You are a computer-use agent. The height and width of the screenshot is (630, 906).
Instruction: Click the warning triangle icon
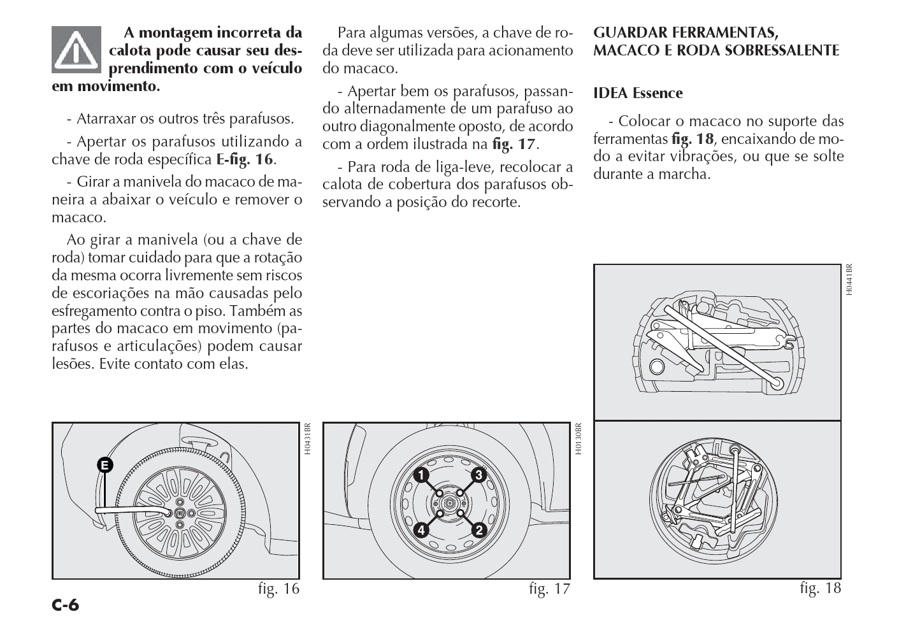pyautogui.click(x=76, y=49)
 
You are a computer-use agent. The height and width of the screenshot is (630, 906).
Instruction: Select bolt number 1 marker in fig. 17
pyautogui.click(x=421, y=475)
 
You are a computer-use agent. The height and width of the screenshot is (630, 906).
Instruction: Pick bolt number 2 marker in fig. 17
pyautogui.click(x=479, y=530)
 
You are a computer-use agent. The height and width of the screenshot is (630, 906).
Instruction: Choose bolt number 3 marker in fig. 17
pyautogui.click(x=479, y=475)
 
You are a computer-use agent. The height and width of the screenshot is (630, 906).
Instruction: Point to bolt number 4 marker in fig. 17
pyautogui.click(x=421, y=530)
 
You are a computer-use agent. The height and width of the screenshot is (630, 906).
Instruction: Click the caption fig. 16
pyautogui.click(x=278, y=589)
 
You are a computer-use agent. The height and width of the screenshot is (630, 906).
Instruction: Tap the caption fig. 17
pyautogui.click(x=549, y=589)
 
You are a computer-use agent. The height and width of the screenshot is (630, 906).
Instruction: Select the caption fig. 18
pyautogui.click(x=821, y=589)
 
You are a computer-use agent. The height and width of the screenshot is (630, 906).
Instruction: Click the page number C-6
pyautogui.click(x=66, y=605)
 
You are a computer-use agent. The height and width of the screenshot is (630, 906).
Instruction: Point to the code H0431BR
pyautogui.click(x=307, y=439)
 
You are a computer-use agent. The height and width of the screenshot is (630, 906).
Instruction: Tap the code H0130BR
pyautogui.click(x=579, y=439)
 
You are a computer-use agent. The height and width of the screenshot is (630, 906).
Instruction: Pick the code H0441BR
pyautogui.click(x=850, y=280)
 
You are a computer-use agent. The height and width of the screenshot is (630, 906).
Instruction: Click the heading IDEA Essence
pyautogui.click(x=638, y=93)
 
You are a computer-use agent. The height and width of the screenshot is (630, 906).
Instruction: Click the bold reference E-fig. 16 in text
pyautogui.click(x=244, y=159)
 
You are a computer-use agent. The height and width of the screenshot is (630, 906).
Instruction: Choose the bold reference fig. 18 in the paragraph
pyautogui.click(x=693, y=139)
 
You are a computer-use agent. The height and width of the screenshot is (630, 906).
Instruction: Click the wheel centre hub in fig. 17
pyautogui.click(x=450, y=503)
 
